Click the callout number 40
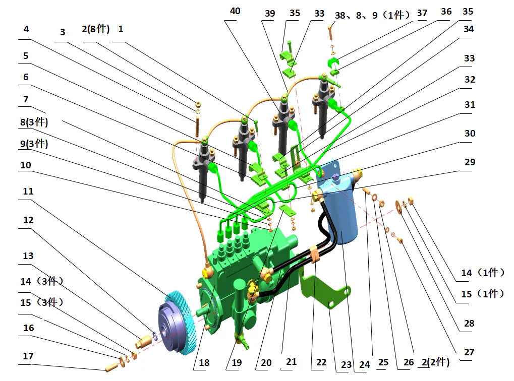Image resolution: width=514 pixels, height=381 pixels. (x=235, y=11)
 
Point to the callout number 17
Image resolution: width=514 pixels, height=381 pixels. (x=28, y=356)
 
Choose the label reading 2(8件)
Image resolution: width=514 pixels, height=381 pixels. (x=95, y=29)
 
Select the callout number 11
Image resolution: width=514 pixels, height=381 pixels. (x=28, y=192)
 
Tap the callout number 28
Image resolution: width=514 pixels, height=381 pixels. (x=469, y=324)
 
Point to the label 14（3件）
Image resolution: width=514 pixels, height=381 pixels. (x=41, y=281)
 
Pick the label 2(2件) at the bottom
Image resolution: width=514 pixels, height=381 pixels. (x=435, y=362)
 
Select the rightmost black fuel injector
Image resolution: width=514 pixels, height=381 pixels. (x=323, y=101)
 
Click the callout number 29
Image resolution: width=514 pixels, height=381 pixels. (x=469, y=162)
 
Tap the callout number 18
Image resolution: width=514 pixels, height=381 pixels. (x=204, y=362)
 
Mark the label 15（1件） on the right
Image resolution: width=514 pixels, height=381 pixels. (x=482, y=293)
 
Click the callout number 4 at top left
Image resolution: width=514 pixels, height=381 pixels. (x=26, y=29)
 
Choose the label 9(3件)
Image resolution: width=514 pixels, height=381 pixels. (x=34, y=144)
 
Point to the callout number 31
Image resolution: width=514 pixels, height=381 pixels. (x=469, y=105)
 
